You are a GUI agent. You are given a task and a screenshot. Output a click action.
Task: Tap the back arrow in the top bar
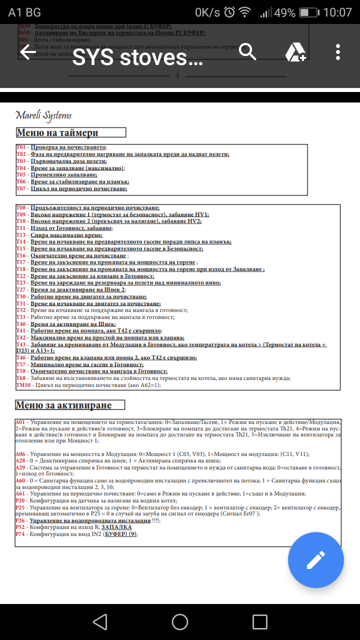pos(27,51)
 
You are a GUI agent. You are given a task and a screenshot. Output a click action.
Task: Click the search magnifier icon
pos(247,51)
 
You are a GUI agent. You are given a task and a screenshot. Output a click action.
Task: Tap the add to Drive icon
pos(295,52)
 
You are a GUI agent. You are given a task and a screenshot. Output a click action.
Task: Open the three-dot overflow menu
pos(338,52)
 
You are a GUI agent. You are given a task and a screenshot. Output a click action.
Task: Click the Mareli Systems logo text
pos(43,115)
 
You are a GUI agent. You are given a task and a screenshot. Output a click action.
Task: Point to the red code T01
pos(21,147)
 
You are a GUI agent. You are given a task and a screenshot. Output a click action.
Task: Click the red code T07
pos(21,189)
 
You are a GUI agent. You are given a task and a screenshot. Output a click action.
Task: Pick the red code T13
pos(21,235)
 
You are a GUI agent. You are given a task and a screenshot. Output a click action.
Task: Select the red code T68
pos(21,378)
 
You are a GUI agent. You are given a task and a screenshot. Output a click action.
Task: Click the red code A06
pos(21,454)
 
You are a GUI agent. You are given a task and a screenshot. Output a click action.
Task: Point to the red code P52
pos(21,527)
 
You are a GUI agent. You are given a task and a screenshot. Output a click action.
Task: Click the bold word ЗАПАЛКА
pos(116,527)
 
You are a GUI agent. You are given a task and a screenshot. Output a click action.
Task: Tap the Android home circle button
pos(180,621)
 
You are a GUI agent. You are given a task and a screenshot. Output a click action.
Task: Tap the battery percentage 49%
pos(284,12)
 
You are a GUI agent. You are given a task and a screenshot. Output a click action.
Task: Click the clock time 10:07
pos(337,12)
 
